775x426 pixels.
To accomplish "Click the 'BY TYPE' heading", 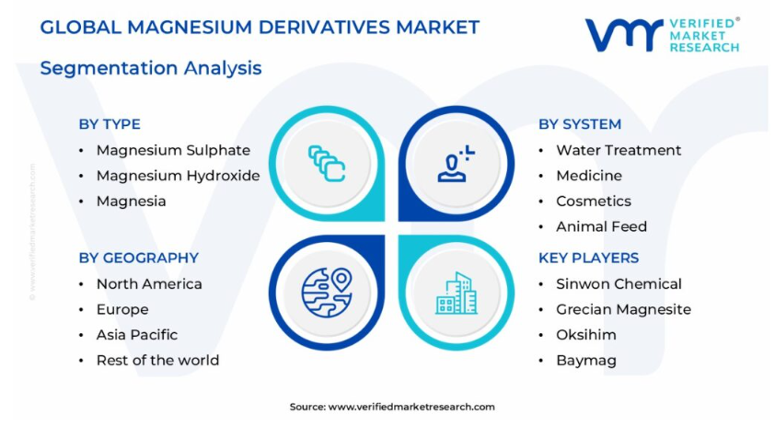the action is click(x=110, y=124).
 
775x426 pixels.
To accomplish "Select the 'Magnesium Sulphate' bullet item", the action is click(x=173, y=150).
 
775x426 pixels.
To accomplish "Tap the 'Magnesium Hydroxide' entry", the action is click(x=178, y=176).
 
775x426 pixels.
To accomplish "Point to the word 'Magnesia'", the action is click(x=131, y=201).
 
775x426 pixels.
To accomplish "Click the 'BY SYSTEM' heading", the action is click(x=580, y=124).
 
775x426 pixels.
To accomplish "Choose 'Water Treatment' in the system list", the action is click(x=619, y=150).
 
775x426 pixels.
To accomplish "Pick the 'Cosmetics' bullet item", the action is click(x=594, y=201).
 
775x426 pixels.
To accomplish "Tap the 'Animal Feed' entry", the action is click(x=602, y=226).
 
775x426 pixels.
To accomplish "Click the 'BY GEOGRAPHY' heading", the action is click(x=138, y=258).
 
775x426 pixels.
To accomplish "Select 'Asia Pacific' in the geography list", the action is click(x=137, y=335).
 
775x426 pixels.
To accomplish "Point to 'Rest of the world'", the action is click(x=157, y=361).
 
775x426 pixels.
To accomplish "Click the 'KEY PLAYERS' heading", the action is click(x=589, y=258).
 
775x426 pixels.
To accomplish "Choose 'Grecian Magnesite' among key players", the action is click(x=624, y=309).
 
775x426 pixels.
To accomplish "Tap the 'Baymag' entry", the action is click(x=586, y=361).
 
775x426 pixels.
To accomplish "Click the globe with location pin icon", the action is click(x=327, y=293).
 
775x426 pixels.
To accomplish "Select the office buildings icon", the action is click(x=457, y=294).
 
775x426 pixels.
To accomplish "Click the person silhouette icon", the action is click(x=456, y=164).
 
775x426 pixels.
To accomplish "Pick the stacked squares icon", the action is click(x=327, y=164).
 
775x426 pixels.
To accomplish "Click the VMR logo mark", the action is click(x=624, y=35).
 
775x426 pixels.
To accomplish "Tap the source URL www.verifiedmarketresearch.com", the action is click(x=411, y=407).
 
